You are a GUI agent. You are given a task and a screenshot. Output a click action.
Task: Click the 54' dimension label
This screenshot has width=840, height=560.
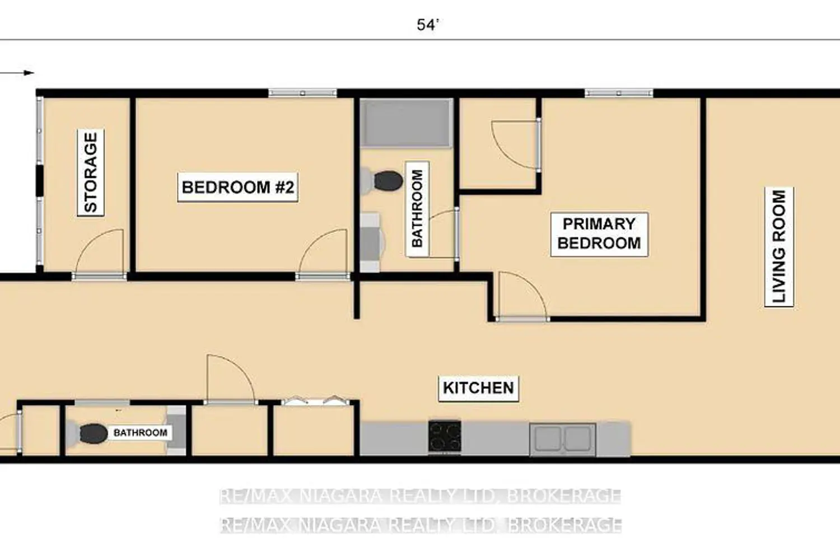pos(427,25)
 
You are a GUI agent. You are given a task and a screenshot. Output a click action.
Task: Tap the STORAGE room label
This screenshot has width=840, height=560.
pos(91,173)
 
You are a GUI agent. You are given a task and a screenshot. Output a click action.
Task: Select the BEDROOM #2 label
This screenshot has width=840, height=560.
pos(238,187)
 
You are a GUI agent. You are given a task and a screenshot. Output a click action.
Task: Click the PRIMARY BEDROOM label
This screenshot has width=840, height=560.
pos(599,234)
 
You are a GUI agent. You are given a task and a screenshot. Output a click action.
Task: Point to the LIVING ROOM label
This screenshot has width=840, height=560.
pos(779,247)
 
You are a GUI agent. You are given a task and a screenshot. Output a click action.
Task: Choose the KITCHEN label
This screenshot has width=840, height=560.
pos(478,388)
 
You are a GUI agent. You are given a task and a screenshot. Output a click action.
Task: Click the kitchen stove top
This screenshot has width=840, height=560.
pos(445,436)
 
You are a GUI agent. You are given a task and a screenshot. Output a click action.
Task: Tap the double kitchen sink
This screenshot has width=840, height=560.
pos(562,439)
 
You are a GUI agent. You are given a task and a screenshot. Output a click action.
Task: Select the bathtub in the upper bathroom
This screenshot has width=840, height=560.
pos(407,123)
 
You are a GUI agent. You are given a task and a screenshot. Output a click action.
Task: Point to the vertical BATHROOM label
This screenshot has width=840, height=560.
pos(417,209)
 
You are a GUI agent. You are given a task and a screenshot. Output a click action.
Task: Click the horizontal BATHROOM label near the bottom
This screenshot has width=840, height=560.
pos(141,433)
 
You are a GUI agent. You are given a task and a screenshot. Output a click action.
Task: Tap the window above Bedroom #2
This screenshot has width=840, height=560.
pos(302,92)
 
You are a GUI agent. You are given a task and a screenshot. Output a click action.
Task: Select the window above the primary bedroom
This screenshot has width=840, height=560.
pos(619,92)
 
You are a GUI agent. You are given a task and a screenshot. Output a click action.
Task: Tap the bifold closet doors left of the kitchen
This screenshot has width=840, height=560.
pos(316,400)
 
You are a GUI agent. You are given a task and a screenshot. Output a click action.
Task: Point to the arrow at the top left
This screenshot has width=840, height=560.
pos(17,73)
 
